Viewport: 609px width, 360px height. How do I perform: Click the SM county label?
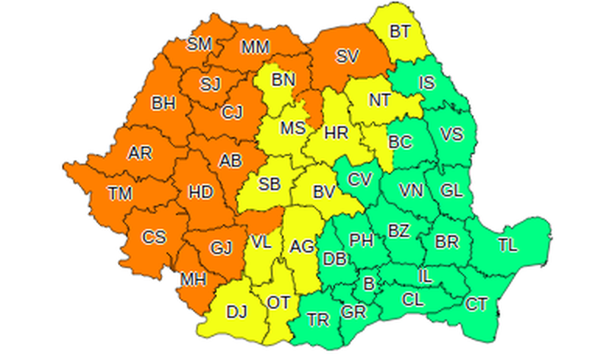pyautogui.click(x=199, y=45)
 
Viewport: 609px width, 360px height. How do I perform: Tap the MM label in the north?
pyautogui.click(x=255, y=48)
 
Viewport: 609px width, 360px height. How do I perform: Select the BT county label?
pyautogui.click(x=400, y=32)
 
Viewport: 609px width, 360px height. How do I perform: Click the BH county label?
pyautogui.click(x=164, y=103)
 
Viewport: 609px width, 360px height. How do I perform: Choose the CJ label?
pyautogui.click(x=231, y=114)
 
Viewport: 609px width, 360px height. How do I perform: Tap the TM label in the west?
pyautogui.click(x=120, y=193)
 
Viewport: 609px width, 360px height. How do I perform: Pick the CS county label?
pyautogui.click(x=155, y=237)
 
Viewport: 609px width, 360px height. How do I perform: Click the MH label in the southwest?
pyautogui.click(x=193, y=279)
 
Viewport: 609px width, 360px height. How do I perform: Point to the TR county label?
pyautogui.click(x=318, y=320)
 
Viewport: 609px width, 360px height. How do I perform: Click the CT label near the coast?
pyautogui.click(x=477, y=304)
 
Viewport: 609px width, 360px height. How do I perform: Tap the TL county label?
pyautogui.click(x=507, y=245)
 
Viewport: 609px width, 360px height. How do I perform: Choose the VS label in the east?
pyautogui.click(x=451, y=135)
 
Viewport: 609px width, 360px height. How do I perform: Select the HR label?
pyautogui.click(x=336, y=134)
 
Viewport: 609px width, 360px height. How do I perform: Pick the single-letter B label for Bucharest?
pyautogui.click(x=369, y=285)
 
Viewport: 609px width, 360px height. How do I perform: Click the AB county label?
pyautogui.click(x=231, y=161)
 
